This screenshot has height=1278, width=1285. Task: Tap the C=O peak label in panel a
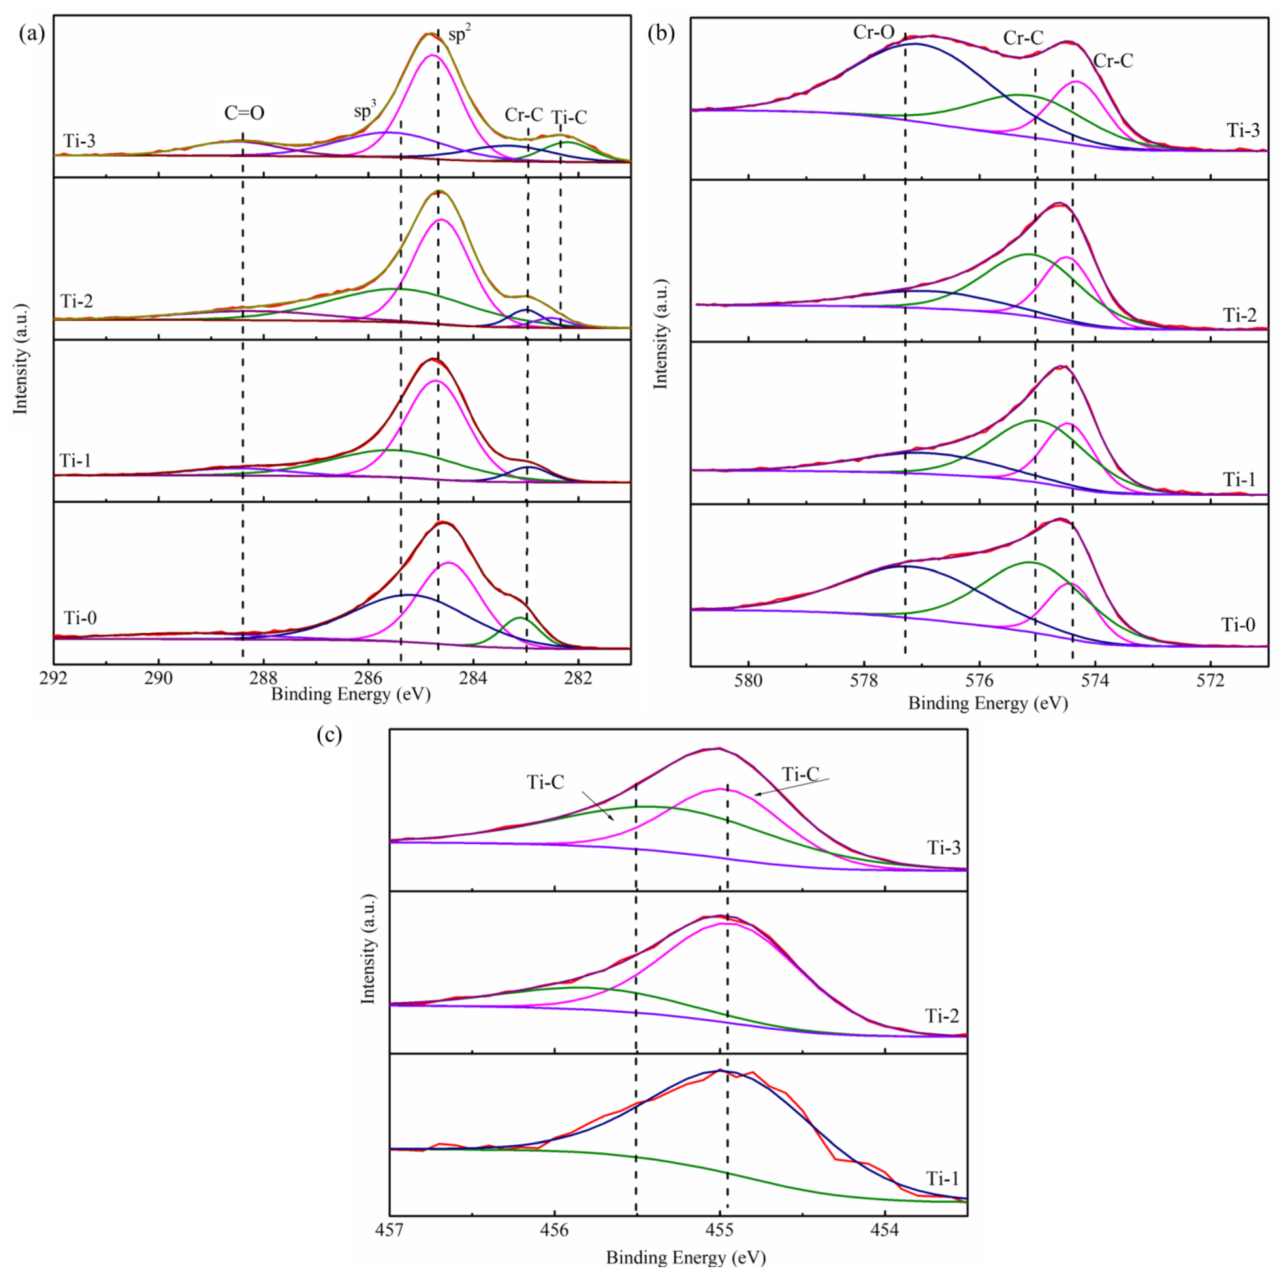244,113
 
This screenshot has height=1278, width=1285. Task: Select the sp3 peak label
364,110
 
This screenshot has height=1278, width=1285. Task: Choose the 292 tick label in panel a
53,677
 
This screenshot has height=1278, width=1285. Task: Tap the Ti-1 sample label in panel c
943,1179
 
